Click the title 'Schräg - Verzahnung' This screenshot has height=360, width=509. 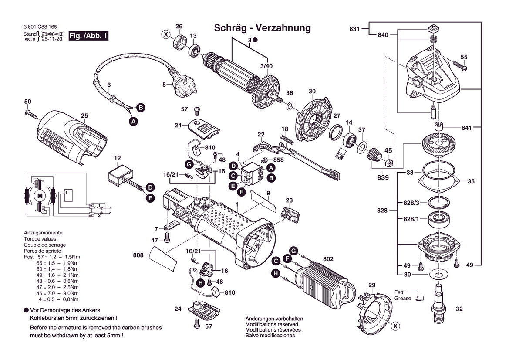coord(263,28)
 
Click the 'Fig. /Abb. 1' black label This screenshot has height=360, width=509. coord(88,36)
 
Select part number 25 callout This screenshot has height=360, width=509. coord(84,115)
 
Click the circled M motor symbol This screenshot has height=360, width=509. coord(40,196)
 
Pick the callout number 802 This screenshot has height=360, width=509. coord(328,259)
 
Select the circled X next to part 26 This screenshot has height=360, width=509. coord(165,34)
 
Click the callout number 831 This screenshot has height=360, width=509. coord(354,29)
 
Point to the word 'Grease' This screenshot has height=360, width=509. coord(403,299)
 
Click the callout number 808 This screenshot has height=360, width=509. coord(138,255)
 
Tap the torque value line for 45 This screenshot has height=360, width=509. coord(58,294)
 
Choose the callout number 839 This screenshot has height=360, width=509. coord(383,177)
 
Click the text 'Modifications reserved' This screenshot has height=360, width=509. coord(272,324)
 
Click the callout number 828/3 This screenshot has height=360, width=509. coord(411,204)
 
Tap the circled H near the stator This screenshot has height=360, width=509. coord(276,273)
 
